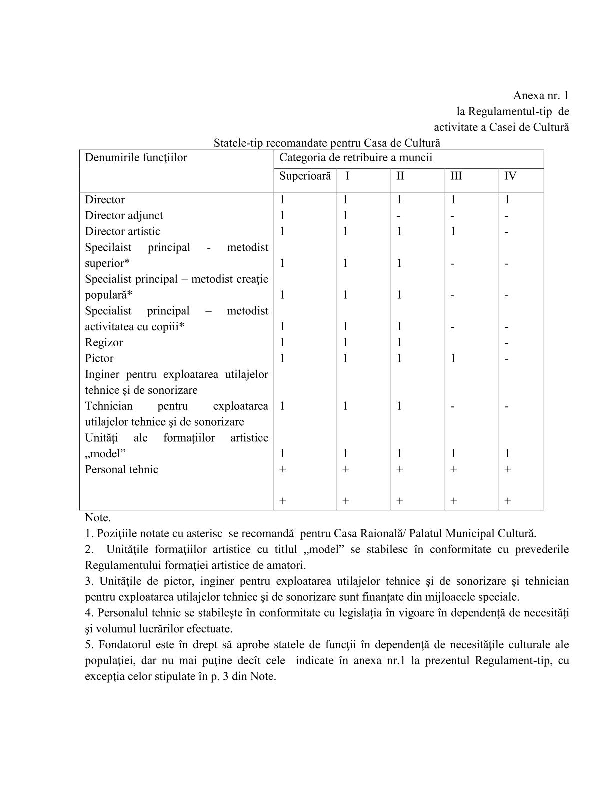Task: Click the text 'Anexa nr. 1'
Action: (541, 95)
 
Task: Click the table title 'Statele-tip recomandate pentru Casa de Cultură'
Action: (327, 143)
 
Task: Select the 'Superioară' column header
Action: (305, 176)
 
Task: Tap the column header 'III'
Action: (456, 176)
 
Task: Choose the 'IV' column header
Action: (510, 176)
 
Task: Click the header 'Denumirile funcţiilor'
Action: (136, 158)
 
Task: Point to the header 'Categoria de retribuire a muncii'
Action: (355, 158)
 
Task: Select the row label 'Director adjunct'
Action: (124, 216)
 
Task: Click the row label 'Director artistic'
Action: (122, 231)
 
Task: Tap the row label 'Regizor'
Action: (104, 343)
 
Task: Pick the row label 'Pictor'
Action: (99, 358)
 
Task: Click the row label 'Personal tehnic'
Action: (121, 470)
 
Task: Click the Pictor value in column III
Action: (453, 358)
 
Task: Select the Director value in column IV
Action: (507, 200)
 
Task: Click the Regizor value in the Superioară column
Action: (282, 343)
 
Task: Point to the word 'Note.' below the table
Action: (98, 518)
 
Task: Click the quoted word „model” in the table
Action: (105, 454)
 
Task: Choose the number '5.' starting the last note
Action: (89, 645)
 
